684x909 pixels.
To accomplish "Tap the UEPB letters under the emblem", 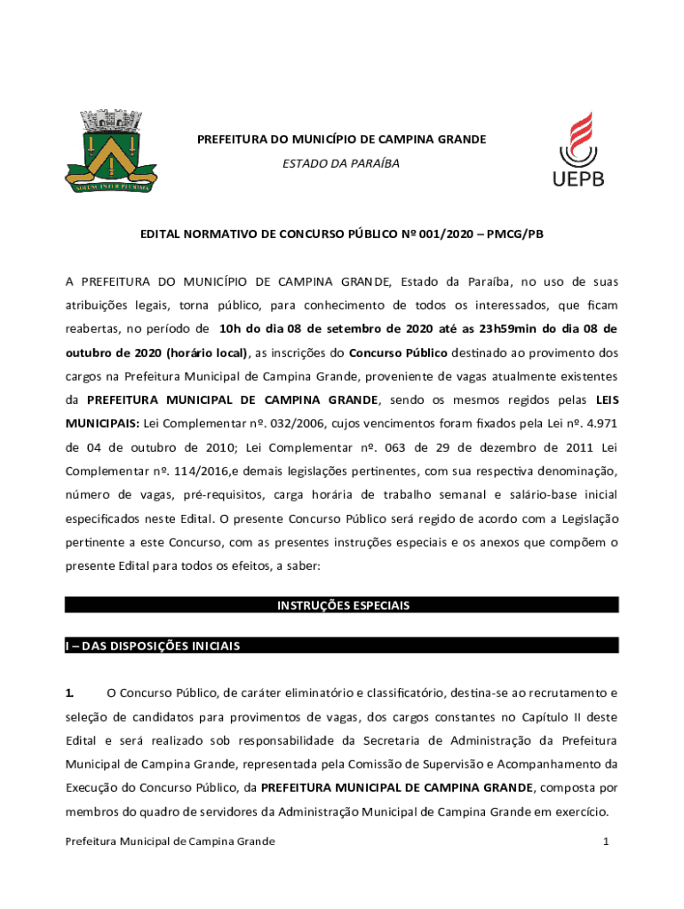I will [578, 178].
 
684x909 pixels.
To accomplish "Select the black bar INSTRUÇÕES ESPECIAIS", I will [342, 605].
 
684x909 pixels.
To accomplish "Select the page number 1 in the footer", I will [604, 841].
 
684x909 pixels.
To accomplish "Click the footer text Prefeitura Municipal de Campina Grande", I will [171, 841].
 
